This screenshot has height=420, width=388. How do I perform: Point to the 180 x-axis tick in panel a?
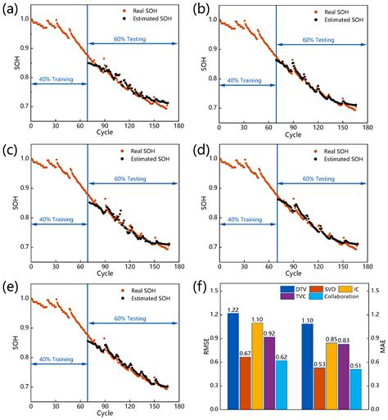pyautogui.click(x=177, y=125)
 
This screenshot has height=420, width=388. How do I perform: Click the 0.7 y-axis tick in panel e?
pyautogui.click(x=20, y=386)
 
